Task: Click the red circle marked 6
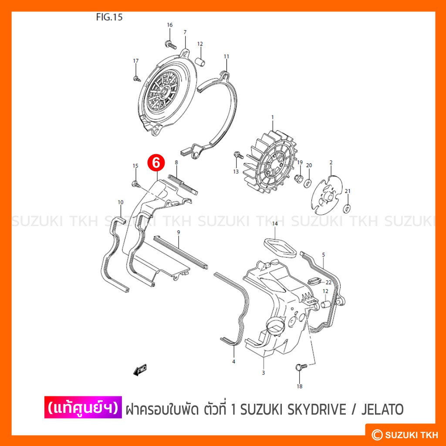[156, 163]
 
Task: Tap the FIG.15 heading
[109, 17]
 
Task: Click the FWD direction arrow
[140, 370]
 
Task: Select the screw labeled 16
[170, 45]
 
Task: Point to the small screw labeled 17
[137, 78]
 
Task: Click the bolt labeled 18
[301, 367]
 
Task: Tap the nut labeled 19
[299, 179]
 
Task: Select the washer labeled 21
[347, 209]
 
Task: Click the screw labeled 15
[136, 184]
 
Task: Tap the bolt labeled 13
[238, 155]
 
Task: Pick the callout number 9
[178, 233]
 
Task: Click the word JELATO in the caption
[382, 409]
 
